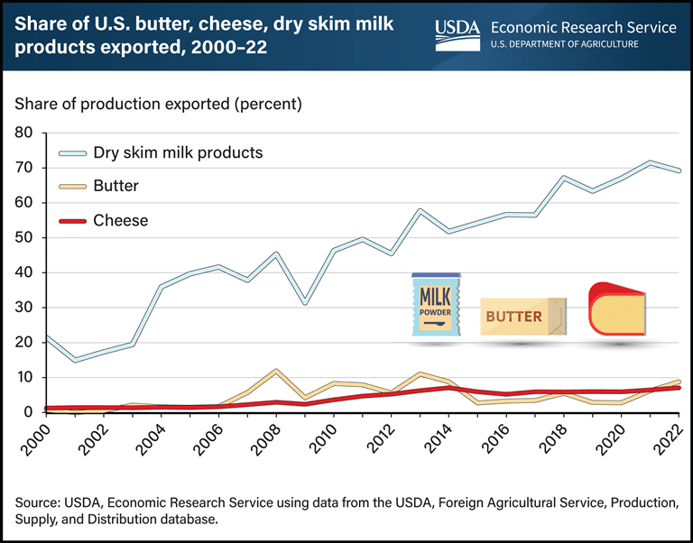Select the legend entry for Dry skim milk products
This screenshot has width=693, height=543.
178,152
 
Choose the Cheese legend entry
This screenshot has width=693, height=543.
121,220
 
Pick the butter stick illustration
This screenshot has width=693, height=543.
523,317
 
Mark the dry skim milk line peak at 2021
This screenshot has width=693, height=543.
650,162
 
